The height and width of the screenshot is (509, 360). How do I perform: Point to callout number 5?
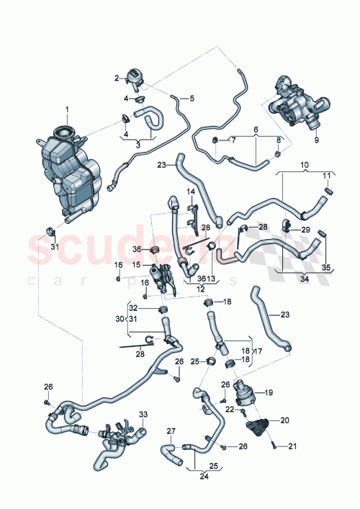[x=192, y=98]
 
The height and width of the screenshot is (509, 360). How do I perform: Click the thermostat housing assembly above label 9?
[x=294, y=107]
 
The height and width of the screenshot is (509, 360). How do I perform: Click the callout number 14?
[x=192, y=192]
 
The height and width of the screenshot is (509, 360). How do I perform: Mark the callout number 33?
[x=143, y=415]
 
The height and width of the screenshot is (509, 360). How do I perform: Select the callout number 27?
[x=171, y=432]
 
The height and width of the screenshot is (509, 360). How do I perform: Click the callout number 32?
[x=143, y=309]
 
